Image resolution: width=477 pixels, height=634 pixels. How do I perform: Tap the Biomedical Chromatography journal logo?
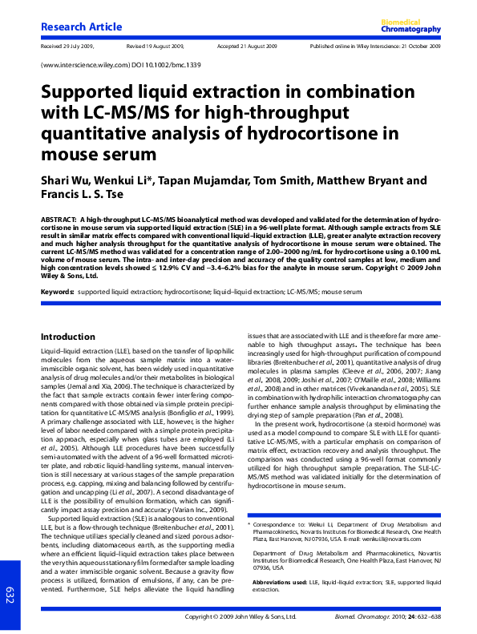(x=410, y=26)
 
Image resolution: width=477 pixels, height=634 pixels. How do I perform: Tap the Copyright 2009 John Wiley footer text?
(x=241, y=617)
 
